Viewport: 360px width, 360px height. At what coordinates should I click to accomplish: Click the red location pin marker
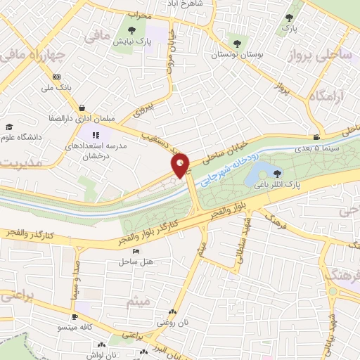181,165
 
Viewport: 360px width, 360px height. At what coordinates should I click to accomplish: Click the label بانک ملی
57,88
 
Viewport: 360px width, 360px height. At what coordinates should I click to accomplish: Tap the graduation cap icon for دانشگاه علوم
9,127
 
